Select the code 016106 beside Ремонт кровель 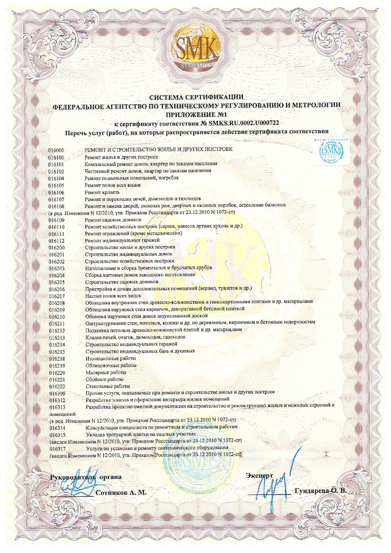(56, 193)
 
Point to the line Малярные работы (102, 372)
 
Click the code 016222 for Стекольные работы (57, 387)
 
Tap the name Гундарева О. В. (320, 491)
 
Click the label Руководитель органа (86, 477)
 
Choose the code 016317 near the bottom (58, 448)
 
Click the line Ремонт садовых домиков (113, 220)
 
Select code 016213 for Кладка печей (57, 337)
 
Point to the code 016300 (57, 394)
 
